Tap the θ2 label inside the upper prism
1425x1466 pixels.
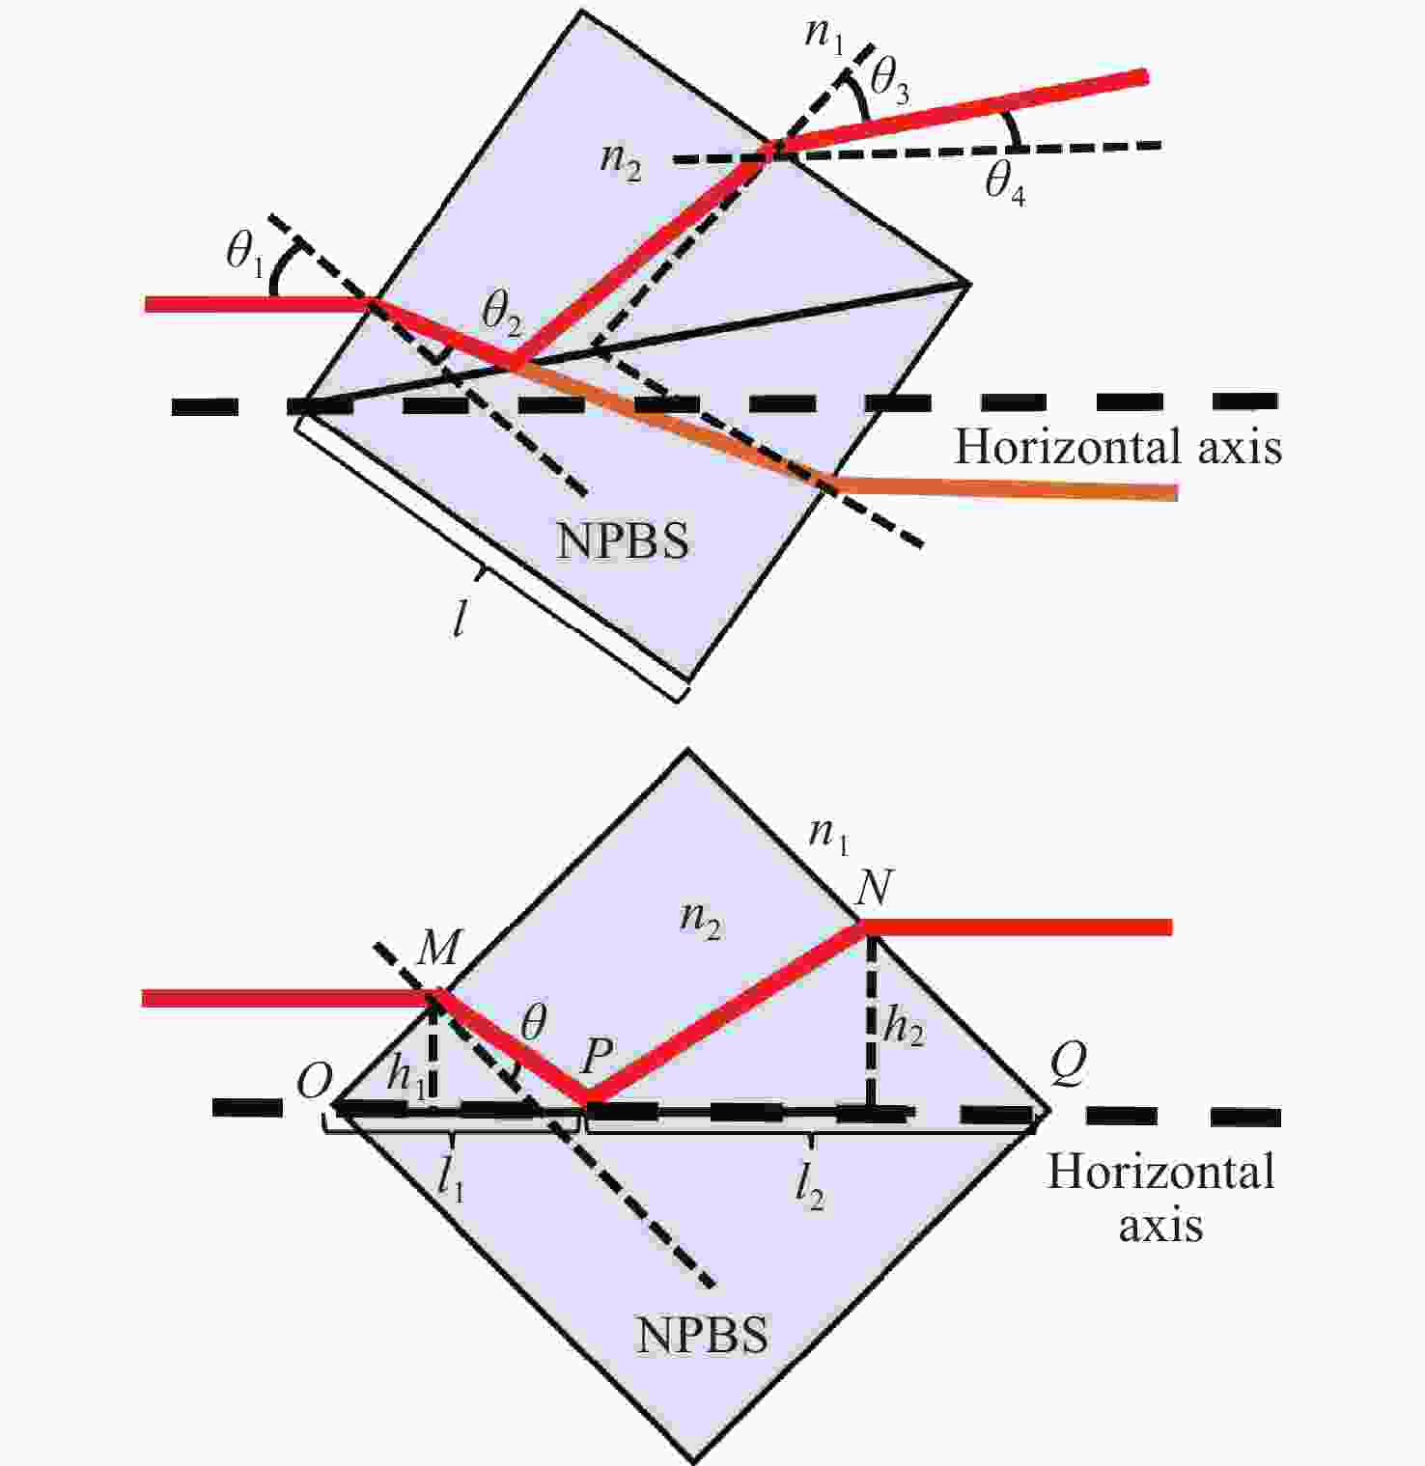tap(501, 314)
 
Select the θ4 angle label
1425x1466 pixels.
tap(1004, 183)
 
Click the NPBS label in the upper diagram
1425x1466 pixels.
tap(623, 542)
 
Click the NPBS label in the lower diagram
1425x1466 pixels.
tap(702, 1336)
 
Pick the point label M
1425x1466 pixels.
tap(438, 950)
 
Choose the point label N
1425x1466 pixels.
tap(874, 887)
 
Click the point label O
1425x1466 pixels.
tap(315, 1083)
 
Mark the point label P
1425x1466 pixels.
tap(597, 1059)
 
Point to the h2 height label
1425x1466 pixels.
tap(904, 1026)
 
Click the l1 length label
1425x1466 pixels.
tap(450, 1178)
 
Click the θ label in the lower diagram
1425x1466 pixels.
tap(533, 1023)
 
